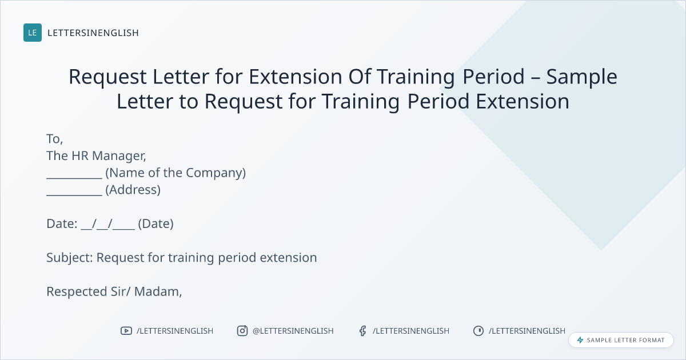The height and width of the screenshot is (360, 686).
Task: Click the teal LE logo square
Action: point(33,33)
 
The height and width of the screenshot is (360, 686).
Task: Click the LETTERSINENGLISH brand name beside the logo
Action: point(93,33)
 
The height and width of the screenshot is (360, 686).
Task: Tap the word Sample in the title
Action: point(581,77)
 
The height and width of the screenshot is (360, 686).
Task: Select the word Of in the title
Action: point(360,76)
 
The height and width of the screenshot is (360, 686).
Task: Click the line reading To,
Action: point(54,139)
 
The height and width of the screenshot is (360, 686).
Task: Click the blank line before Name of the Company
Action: point(74,178)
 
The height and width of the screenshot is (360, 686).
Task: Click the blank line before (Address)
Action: point(74,195)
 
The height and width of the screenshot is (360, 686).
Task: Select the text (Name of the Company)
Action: point(176,173)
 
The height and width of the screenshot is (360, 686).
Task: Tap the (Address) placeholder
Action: point(133,190)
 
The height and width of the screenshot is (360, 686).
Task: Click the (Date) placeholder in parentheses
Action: point(156,224)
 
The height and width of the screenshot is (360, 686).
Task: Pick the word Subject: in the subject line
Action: point(70,258)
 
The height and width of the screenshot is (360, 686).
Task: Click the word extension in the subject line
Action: point(288,258)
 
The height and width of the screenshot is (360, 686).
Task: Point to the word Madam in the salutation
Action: point(158,292)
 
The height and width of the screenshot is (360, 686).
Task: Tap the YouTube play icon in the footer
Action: point(126,331)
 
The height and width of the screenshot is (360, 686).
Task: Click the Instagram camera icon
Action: point(242,331)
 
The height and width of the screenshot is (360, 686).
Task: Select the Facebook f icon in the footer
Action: point(362,331)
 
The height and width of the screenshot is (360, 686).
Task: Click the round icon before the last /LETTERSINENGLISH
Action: point(478,331)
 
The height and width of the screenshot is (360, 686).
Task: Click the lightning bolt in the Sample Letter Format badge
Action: point(580,340)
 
